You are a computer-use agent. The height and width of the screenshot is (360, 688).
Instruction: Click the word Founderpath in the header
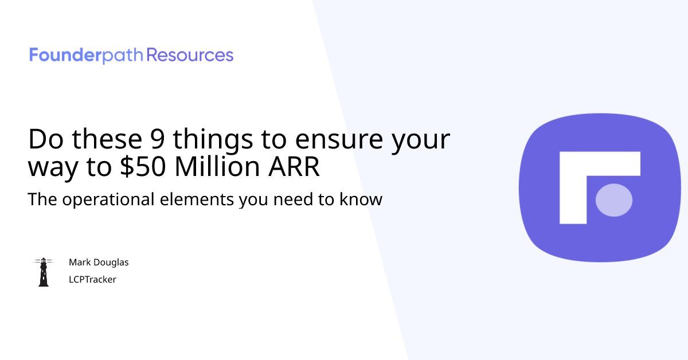[x=87, y=56]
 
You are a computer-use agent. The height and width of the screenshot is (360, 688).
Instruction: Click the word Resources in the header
[x=190, y=56]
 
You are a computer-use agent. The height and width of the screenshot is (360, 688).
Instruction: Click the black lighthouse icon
[x=43, y=272]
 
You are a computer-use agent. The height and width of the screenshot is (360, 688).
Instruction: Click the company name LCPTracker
[x=92, y=280]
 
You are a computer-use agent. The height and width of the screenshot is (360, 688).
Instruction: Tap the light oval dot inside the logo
[x=614, y=200]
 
